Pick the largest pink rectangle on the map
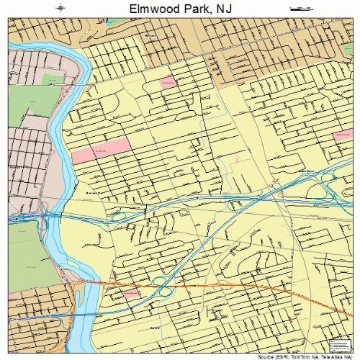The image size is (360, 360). pos(101,150)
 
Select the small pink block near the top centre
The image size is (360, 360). pos(167,82)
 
